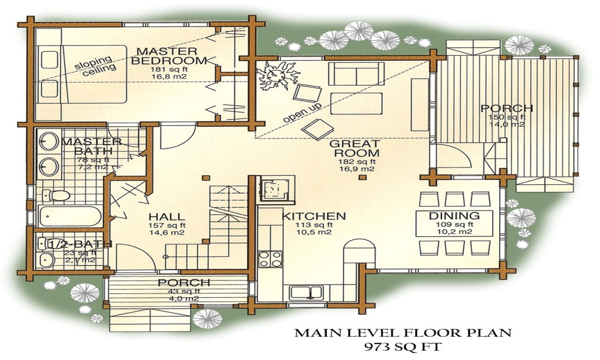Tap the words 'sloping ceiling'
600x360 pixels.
tap(96, 65)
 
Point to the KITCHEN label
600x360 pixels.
tap(314, 216)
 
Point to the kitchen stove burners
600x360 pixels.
tap(270, 259)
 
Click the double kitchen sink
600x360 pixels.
tap(306, 292)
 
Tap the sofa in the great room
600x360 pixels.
tap(356, 73)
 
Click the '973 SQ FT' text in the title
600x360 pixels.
tap(403, 347)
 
